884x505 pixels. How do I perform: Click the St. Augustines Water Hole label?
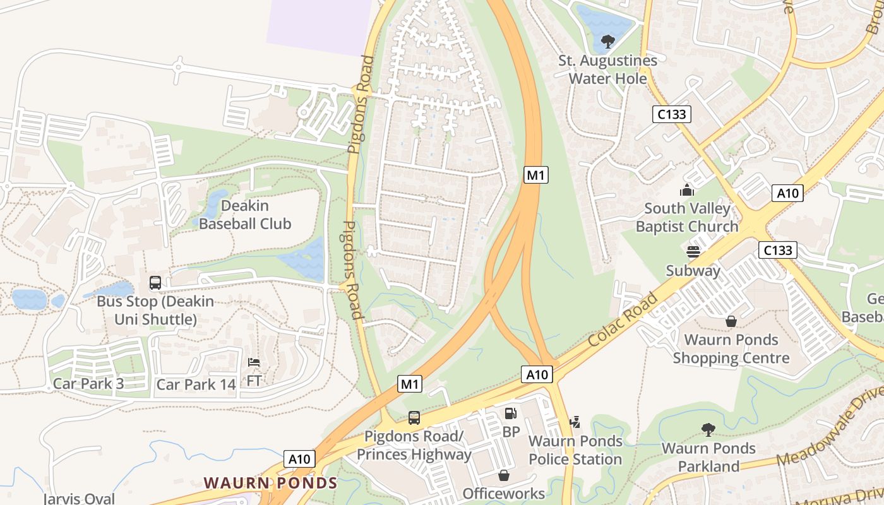(607, 69)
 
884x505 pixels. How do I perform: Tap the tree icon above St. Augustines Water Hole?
(607, 42)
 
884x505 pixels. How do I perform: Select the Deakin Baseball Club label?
(245, 215)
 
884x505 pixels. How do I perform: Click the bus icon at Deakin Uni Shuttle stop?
(155, 283)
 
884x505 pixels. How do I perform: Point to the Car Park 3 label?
(88, 384)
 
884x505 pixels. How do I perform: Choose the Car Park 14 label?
(196, 384)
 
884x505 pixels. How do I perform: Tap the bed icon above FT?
(253, 363)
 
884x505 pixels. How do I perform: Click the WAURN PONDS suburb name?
(270, 484)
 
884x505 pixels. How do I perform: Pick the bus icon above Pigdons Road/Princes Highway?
(414, 418)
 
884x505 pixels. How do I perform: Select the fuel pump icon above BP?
(510, 414)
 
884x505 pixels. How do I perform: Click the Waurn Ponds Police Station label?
(575, 450)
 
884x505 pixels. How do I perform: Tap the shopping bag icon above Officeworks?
(504, 475)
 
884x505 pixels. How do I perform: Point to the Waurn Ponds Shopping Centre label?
(731, 349)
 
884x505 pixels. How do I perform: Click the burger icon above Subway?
(693, 252)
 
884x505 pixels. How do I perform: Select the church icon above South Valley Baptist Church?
(687, 190)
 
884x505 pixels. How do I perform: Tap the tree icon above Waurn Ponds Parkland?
(708, 430)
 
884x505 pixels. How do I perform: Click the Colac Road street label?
(623, 318)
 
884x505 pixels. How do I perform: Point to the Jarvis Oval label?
(80, 499)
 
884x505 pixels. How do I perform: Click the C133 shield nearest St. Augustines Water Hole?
(671, 114)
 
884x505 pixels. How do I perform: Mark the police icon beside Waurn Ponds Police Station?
(575, 422)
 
